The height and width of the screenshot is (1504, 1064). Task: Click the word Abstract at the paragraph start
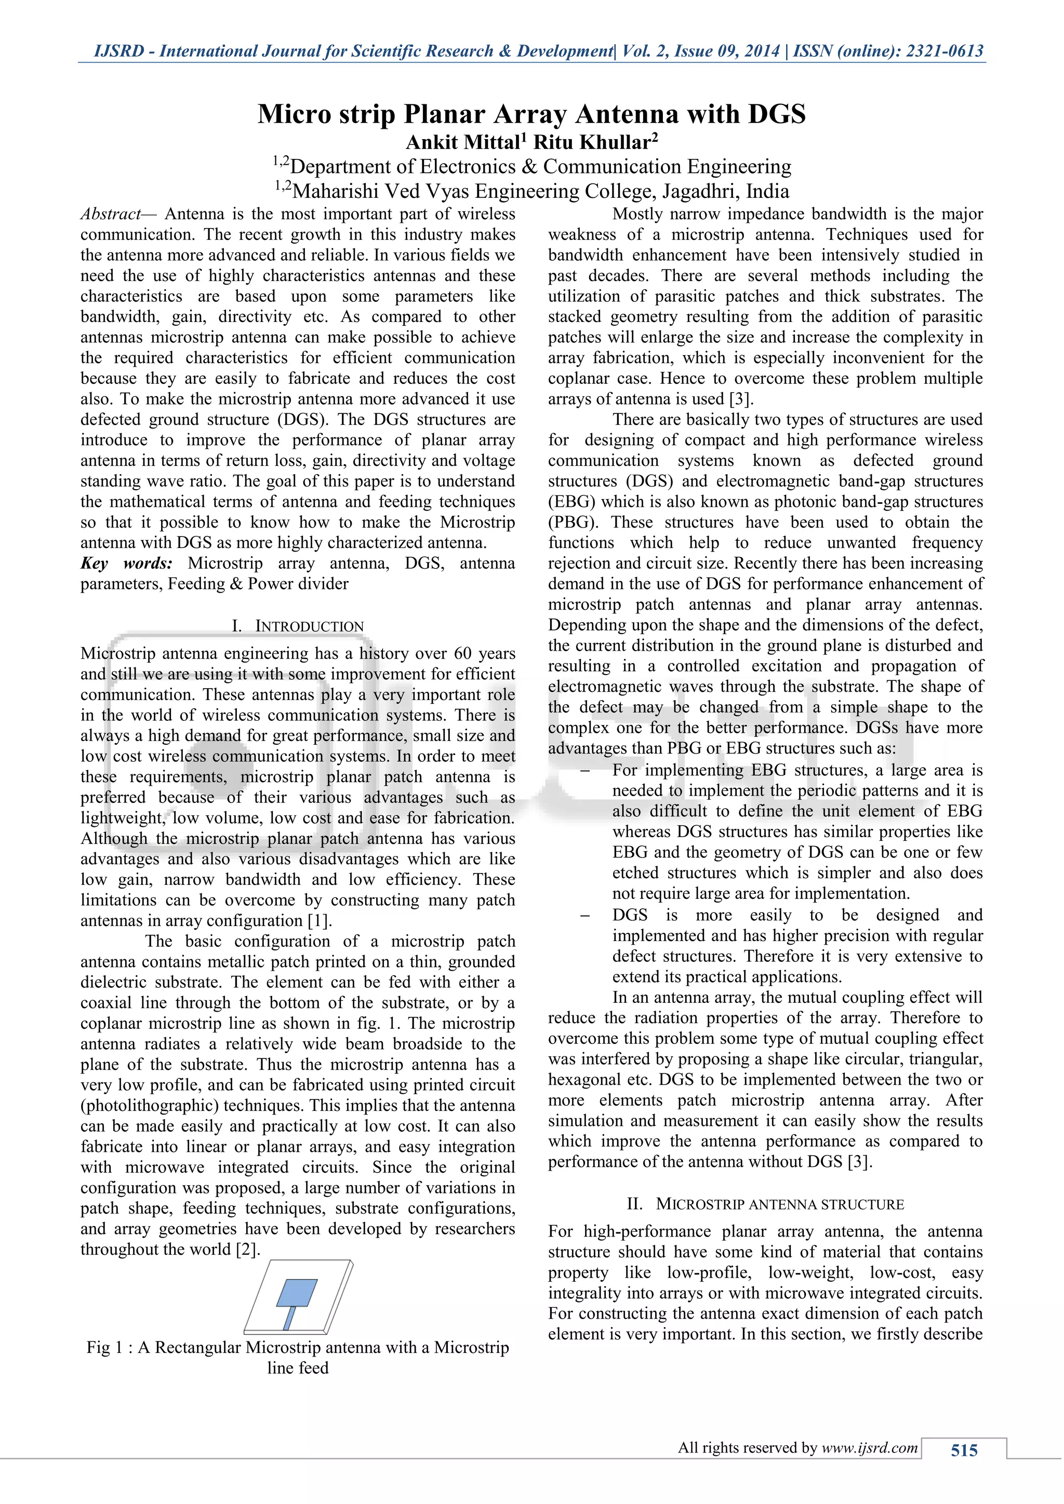[110, 214]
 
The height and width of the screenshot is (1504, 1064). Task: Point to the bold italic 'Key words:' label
[126, 563]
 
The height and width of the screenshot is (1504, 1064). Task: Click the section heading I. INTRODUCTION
[298, 626]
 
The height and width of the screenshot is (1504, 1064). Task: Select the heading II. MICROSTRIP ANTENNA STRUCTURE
[765, 1204]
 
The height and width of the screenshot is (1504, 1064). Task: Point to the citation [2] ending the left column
[248, 1249]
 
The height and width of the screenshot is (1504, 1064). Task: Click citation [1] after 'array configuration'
[319, 920]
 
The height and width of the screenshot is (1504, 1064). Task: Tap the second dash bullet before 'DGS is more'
[585, 916]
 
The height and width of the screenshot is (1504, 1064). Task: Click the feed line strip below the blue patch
[288, 1319]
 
